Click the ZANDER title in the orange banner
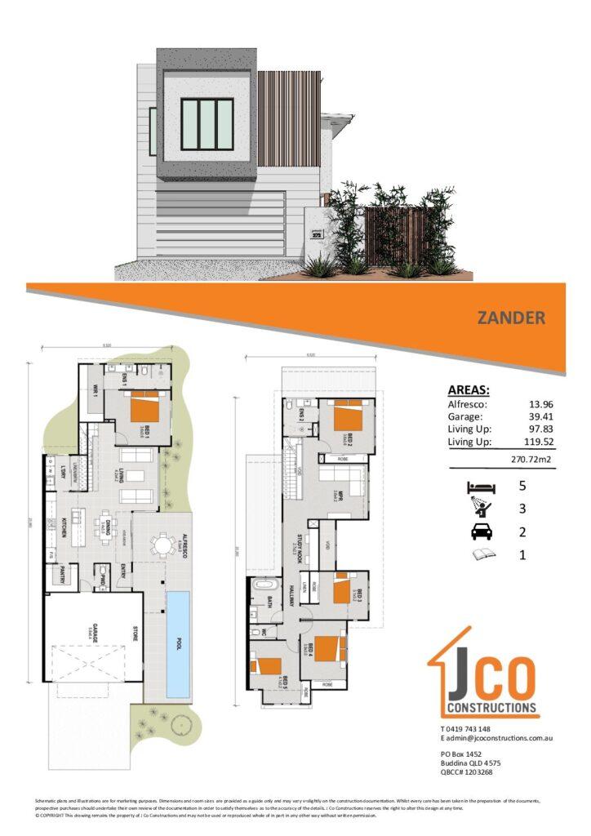pos(510,318)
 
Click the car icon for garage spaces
pos(479,532)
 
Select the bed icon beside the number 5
pos(479,487)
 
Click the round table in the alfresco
pos(162,545)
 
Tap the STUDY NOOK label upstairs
pos(293,555)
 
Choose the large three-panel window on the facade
pos(207,123)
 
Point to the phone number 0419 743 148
pos(478,728)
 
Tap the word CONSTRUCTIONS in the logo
pos(489,707)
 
